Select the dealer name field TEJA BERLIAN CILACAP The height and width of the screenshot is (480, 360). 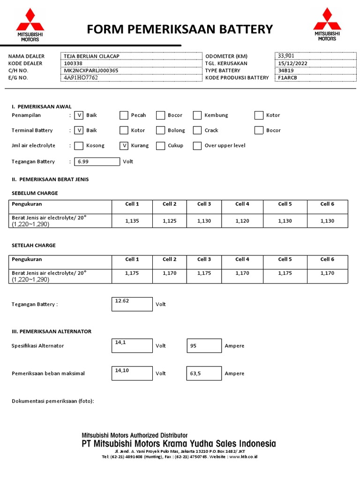[131, 56]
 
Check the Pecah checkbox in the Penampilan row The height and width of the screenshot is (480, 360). [124, 115]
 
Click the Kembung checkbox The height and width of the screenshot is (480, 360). [197, 115]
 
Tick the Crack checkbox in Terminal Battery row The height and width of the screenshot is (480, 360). [197, 130]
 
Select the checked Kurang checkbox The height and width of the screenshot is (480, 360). [124, 146]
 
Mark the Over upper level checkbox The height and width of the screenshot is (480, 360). [197, 146]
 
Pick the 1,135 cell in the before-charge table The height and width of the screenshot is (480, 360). [132, 221]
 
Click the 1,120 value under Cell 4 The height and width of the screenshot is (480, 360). [242, 221]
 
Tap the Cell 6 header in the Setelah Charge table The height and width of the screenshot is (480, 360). [327, 259]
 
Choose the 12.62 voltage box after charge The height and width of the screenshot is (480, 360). [132, 304]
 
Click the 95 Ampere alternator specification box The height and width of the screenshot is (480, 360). [204, 346]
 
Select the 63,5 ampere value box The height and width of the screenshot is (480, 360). [204, 374]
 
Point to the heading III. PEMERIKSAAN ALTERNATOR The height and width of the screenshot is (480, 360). [52, 331]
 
